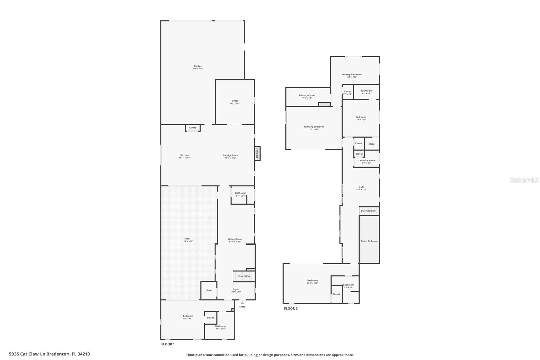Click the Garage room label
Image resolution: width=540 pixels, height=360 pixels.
(198, 66)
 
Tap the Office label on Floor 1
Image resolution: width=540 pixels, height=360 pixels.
(235, 101)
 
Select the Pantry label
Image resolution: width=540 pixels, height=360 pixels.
(193, 128)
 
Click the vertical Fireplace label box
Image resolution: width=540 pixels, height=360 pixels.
(257, 153)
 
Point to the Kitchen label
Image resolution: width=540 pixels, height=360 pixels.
(185, 155)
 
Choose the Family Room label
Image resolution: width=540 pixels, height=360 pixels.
(231, 155)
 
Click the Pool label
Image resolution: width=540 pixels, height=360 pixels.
(188, 239)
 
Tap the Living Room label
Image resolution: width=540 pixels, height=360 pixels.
(235, 239)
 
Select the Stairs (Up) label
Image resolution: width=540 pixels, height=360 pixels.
(244, 276)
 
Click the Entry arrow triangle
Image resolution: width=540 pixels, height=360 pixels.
(242, 303)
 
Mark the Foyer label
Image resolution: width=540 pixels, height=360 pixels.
(236, 289)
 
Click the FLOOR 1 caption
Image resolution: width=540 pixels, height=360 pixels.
(168, 344)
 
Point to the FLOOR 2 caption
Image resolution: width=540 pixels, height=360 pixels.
(291, 308)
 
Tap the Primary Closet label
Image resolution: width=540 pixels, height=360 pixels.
(307, 95)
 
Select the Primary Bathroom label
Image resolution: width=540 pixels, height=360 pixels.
(352, 75)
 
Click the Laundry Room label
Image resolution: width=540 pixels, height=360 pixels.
(367, 161)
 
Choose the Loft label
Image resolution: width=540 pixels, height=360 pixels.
(361, 187)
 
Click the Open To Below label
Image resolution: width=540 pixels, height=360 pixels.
(369, 241)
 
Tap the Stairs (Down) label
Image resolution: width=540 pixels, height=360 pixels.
(369, 211)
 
